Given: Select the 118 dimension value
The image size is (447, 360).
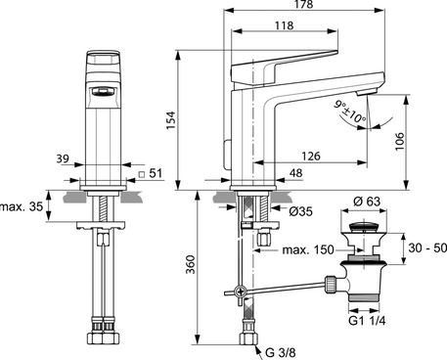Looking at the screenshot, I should pos(284,27).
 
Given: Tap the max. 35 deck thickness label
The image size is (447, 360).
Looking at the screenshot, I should pos(22,208).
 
